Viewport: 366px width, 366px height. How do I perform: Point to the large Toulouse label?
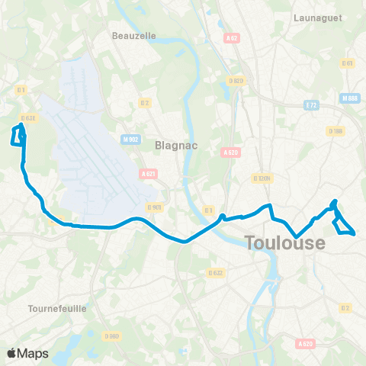click(285, 243)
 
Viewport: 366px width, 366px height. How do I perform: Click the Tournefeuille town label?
click(56, 308)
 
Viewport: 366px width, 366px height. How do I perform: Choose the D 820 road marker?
click(236, 80)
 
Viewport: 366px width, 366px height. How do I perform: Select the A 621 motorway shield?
click(149, 174)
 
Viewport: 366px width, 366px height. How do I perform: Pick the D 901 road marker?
click(154, 207)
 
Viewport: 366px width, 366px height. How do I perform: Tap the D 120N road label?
click(262, 178)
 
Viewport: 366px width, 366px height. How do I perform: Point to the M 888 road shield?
click(350, 98)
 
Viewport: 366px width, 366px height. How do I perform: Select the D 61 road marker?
click(349, 63)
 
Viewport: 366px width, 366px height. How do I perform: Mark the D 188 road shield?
click(336, 131)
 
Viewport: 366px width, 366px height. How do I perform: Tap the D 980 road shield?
click(112, 336)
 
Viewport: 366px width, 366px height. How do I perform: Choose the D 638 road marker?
click(28, 117)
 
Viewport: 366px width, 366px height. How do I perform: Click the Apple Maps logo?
click(27, 353)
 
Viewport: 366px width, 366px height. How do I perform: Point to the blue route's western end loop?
click(18, 135)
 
